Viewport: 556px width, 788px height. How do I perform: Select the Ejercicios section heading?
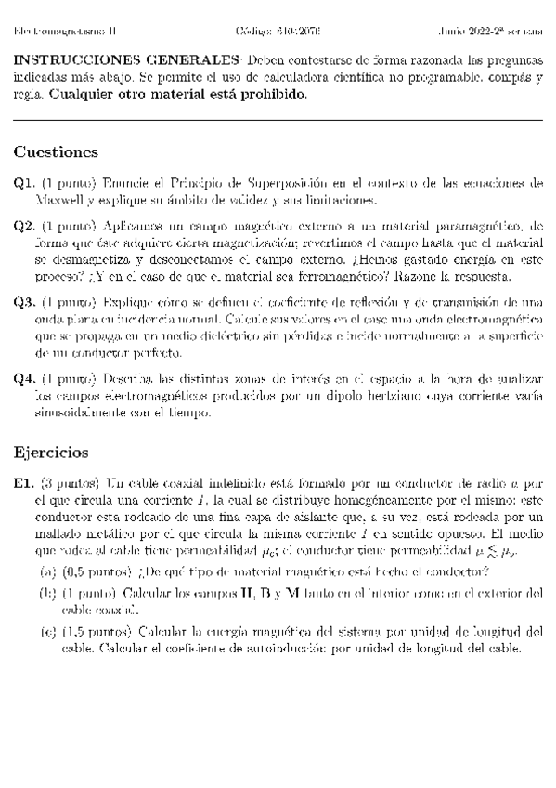pyautogui.click(x=51, y=453)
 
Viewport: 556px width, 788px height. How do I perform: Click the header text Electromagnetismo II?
pyautogui.click(x=58, y=31)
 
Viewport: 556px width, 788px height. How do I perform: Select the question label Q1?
pyautogui.click(x=24, y=184)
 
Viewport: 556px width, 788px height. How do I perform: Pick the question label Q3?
pyautogui.click(x=24, y=303)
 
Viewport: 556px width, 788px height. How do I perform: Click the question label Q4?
pyautogui.click(x=24, y=379)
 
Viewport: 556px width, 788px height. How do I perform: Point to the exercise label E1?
pyautogui.click(x=24, y=484)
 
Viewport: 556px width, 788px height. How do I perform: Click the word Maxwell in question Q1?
pyautogui.click(x=61, y=200)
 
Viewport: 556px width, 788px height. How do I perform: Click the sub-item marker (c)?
pyautogui.click(x=46, y=632)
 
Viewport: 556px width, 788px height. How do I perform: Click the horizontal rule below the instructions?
pyautogui.click(x=278, y=119)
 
